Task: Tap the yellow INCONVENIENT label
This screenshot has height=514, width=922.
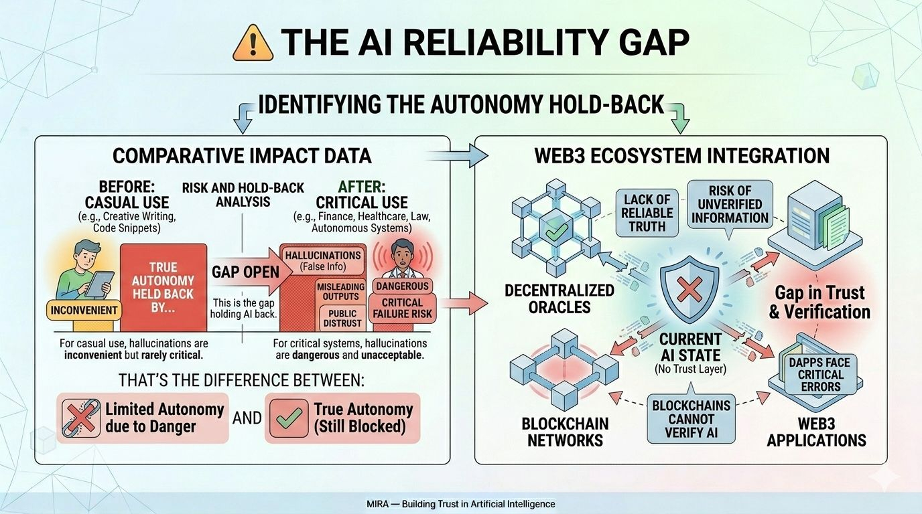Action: point(84,310)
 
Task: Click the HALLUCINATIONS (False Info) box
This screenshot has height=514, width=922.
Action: point(323,261)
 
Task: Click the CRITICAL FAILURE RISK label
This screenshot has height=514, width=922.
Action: point(402,309)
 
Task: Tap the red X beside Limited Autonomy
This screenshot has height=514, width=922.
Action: point(80,418)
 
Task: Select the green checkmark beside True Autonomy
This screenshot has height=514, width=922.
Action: point(288,418)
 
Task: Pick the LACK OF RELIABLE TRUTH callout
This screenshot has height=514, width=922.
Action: point(647,213)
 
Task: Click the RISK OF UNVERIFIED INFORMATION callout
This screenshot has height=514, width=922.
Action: point(730,204)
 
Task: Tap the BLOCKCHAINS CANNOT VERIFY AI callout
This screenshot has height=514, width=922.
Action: point(691,418)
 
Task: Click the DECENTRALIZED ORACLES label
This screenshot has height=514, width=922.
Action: point(560,299)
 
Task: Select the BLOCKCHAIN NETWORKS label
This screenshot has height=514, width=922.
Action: point(565,432)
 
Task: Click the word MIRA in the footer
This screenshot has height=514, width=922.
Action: point(379,504)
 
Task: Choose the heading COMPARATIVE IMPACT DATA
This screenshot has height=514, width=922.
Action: point(241,156)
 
